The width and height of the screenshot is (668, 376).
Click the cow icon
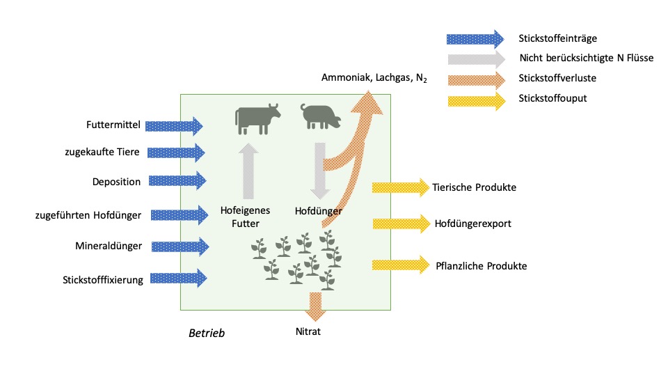(257, 119)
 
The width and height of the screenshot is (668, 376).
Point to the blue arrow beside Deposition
(179, 181)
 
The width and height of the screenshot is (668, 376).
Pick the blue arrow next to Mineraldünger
(180, 246)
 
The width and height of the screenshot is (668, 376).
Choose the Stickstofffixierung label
(103, 280)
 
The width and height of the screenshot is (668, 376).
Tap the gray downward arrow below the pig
(319, 171)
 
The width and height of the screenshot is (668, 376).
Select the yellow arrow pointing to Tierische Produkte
(401, 187)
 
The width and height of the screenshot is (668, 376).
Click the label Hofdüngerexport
(473, 224)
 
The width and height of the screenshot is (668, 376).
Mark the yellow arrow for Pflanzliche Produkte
(401, 265)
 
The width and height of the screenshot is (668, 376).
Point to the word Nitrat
(308, 331)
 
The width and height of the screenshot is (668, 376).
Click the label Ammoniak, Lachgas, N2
(374, 78)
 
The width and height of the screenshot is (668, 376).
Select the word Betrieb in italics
(207, 334)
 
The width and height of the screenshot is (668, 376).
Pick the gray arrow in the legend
(475, 58)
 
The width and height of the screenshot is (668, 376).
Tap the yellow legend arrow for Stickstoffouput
(475, 98)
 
